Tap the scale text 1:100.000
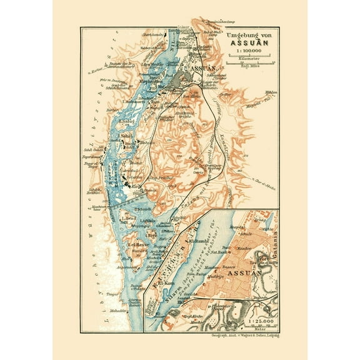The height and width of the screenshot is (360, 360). [x=247, y=53]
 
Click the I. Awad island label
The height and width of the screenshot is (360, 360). [x=129, y=218]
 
